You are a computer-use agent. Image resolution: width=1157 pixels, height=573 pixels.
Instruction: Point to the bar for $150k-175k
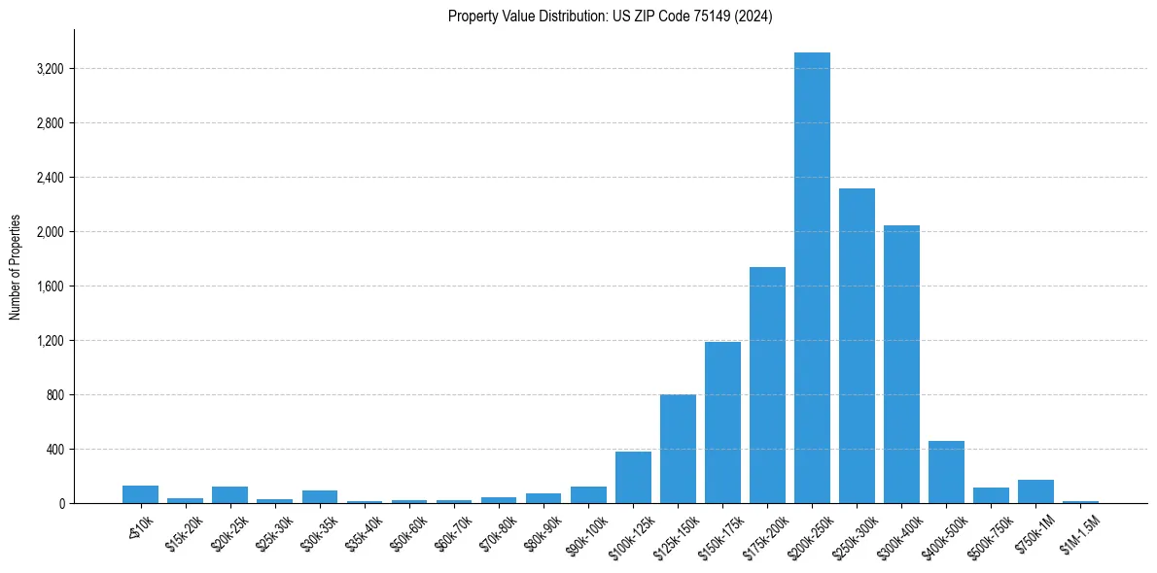coord(722,422)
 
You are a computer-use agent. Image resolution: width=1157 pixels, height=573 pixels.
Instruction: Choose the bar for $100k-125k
coord(633,478)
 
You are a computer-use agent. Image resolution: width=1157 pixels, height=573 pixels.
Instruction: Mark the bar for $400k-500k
coord(946,473)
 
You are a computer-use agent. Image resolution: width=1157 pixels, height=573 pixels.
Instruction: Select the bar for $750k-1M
coord(1035,491)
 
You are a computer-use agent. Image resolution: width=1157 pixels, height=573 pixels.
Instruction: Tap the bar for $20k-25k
coord(229,495)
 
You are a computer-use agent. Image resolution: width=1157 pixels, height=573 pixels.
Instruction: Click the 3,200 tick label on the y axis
coord(51,69)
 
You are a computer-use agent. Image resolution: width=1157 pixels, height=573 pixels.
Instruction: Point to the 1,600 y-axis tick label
coord(51,286)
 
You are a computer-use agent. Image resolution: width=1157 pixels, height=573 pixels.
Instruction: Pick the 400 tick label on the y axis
coord(56,450)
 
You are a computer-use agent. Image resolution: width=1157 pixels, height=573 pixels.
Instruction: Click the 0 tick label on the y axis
coord(61,504)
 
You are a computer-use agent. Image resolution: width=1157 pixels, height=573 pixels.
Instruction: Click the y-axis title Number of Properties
coord(16,267)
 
